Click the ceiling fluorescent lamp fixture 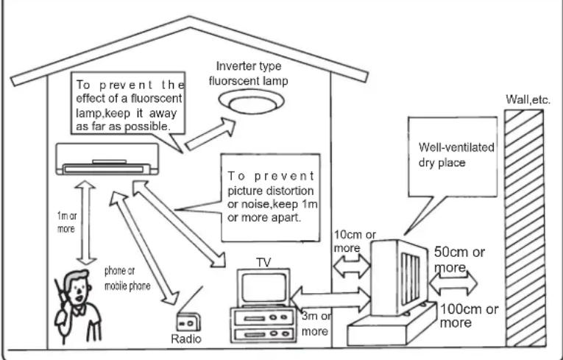click(252, 102)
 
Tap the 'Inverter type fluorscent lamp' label click(249, 74)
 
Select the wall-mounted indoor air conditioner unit click(107, 159)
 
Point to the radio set click(188, 322)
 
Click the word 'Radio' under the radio click(186, 339)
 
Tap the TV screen click(263, 288)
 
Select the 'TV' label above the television click(263, 263)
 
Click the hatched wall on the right click(525, 228)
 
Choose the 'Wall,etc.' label click(528, 99)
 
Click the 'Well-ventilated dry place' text click(456, 155)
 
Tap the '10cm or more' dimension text click(355, 241)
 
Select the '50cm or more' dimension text click(459, 259)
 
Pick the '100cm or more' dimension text click(469, 315)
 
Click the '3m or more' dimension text click(316, 323)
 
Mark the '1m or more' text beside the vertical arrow click(66, 222)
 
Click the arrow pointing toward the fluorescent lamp click(210, 134)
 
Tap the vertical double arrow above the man click(85, 223)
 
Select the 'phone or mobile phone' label click(127, 278)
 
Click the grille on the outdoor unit click(411, 279)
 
